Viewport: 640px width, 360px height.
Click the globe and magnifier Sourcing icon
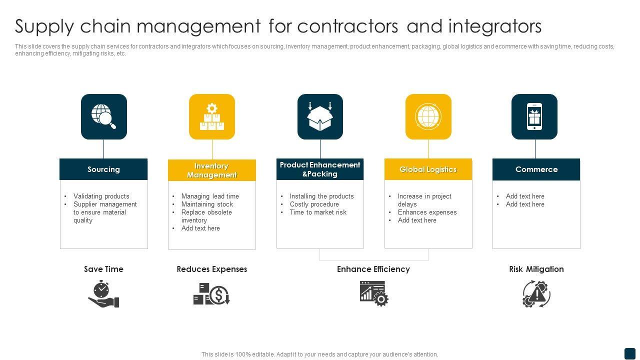point(104,116)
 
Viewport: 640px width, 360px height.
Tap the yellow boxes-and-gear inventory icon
point(212,116)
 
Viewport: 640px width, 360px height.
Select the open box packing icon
point(320,116)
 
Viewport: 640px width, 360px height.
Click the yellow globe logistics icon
point(428,116)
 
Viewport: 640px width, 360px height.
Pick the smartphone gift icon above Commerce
point(534,116)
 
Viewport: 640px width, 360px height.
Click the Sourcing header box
point(103,169)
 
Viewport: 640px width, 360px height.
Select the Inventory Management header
point(212,170)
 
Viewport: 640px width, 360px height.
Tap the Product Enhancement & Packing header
point(320,169)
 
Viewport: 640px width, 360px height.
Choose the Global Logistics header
point(428,169)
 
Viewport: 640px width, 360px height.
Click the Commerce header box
point(536,169)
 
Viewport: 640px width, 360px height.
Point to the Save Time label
point(103,269)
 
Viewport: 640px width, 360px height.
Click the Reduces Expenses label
point(212,269)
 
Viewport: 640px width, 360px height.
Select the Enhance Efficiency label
point(373,269)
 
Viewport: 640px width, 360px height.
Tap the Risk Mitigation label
point(536,269)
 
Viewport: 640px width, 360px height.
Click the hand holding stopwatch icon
point(103,294)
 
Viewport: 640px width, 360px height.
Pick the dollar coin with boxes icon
point(211,294)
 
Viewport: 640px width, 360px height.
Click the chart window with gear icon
point(374,293)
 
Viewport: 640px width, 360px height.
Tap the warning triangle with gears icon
point(536,293)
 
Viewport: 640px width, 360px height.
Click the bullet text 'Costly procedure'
point(314,204)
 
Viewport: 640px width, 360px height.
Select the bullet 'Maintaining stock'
point(207,204)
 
